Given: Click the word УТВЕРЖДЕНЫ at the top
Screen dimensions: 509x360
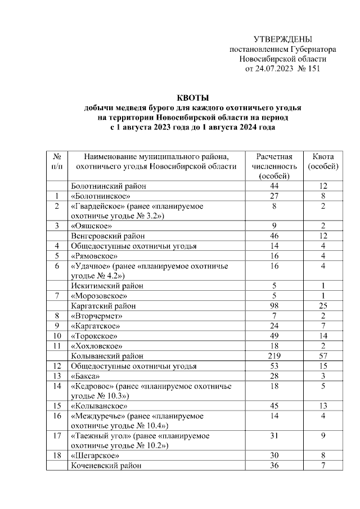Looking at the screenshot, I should (x=282, y=39).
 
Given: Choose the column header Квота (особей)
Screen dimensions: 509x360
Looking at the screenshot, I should (x=323, y=161).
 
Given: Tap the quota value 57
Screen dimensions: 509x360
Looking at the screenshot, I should (x=323, y=355).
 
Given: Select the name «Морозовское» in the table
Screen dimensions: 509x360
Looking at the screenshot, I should (x=99, y=295).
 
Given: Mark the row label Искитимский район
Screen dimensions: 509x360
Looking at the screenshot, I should (x=106, y=285).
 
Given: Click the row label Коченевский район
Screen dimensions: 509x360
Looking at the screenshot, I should (x=106, y=465).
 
